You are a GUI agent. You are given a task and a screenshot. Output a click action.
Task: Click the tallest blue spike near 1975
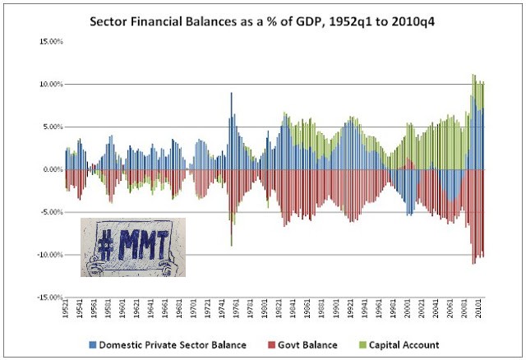(x=231, y=94)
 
